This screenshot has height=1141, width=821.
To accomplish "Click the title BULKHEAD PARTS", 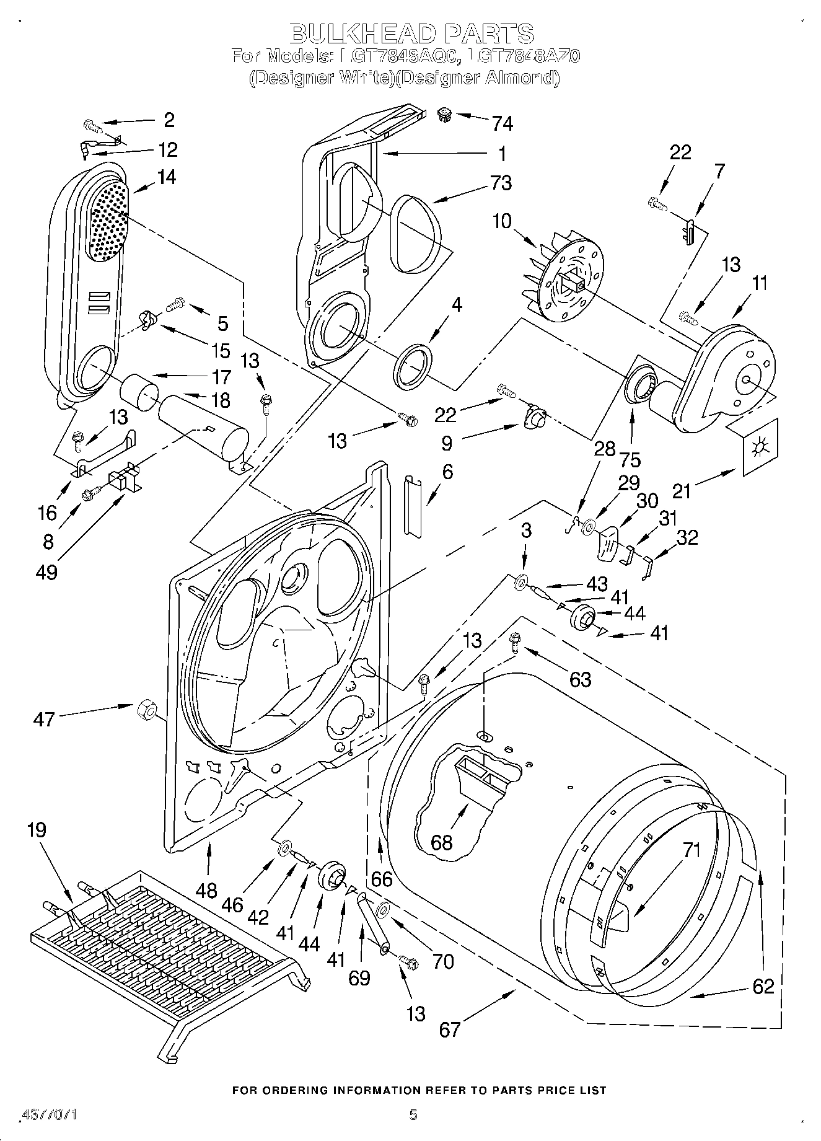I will pos(411,33).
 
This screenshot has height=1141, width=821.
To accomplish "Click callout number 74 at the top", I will pos(502,123).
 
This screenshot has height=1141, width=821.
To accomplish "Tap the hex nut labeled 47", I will pos(146,707).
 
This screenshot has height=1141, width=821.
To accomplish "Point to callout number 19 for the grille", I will pos(37,829).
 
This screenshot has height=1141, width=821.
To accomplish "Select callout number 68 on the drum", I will pos(442,842).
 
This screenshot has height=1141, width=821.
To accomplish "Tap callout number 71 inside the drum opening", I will pos(691,850).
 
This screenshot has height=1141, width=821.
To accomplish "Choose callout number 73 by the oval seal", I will pos(501,183).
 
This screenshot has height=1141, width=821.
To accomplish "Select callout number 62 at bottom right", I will pos(763,985).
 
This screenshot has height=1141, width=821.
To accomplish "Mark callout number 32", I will pos(687,537).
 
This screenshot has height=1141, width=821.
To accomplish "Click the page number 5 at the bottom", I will pos(413,1114).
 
